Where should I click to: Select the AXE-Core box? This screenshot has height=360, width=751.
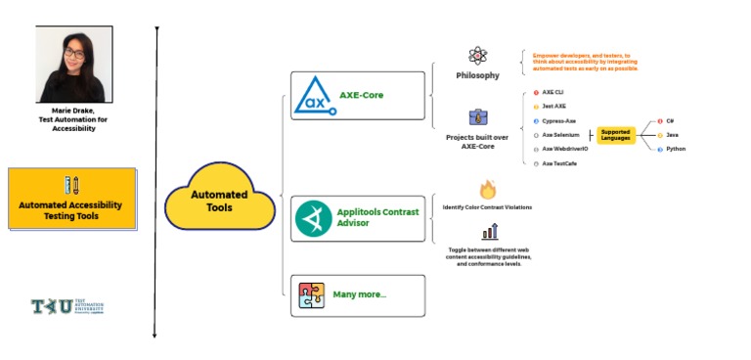[x=358, y=96]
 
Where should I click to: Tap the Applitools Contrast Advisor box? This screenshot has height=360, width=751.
[x=358, y=219]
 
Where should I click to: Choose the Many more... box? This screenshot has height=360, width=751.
[x=358, y=294]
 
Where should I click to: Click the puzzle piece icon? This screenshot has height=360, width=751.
[x=312, y=295]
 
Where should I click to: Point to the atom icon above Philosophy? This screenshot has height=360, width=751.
[x=477, y=57]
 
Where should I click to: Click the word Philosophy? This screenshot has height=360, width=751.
[x=477, y=75]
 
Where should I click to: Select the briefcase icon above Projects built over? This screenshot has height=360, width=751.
[x=477, y=118]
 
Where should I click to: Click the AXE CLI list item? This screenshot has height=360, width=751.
[x=553, y=91]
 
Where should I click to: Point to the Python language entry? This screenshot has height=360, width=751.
[x=675, y=149]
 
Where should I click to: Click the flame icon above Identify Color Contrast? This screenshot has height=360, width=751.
[x=487, y=190]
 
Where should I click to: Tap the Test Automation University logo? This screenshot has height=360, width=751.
[x=66, y=307]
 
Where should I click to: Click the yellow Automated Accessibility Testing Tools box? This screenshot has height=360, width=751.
[x=72, y=199]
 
